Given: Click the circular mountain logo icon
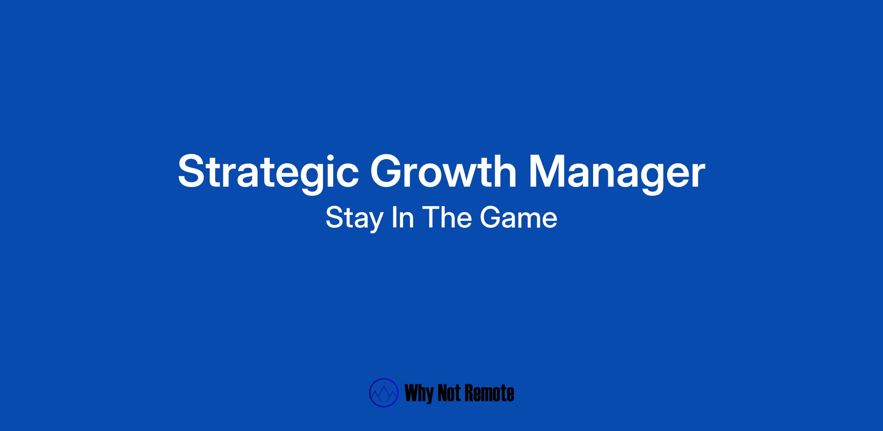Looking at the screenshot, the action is pyautogui.click(x=384, y=393).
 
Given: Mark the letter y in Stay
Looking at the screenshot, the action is pyautogui.click(x=375, y=223).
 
